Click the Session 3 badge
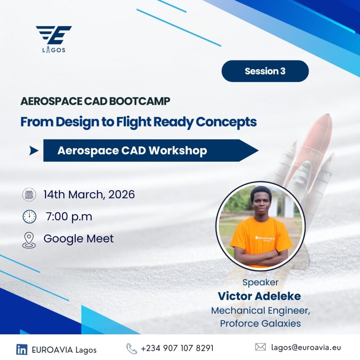265,71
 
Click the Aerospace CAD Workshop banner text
132,150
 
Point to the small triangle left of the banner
33,150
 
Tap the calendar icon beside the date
29,194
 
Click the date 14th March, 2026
89,194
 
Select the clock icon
30,217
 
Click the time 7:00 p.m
69,217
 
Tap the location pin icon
29,240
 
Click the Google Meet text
78,239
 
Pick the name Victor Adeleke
259,296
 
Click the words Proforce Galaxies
261,323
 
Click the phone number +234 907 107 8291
177,348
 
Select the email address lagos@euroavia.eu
306,347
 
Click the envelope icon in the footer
261,347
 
